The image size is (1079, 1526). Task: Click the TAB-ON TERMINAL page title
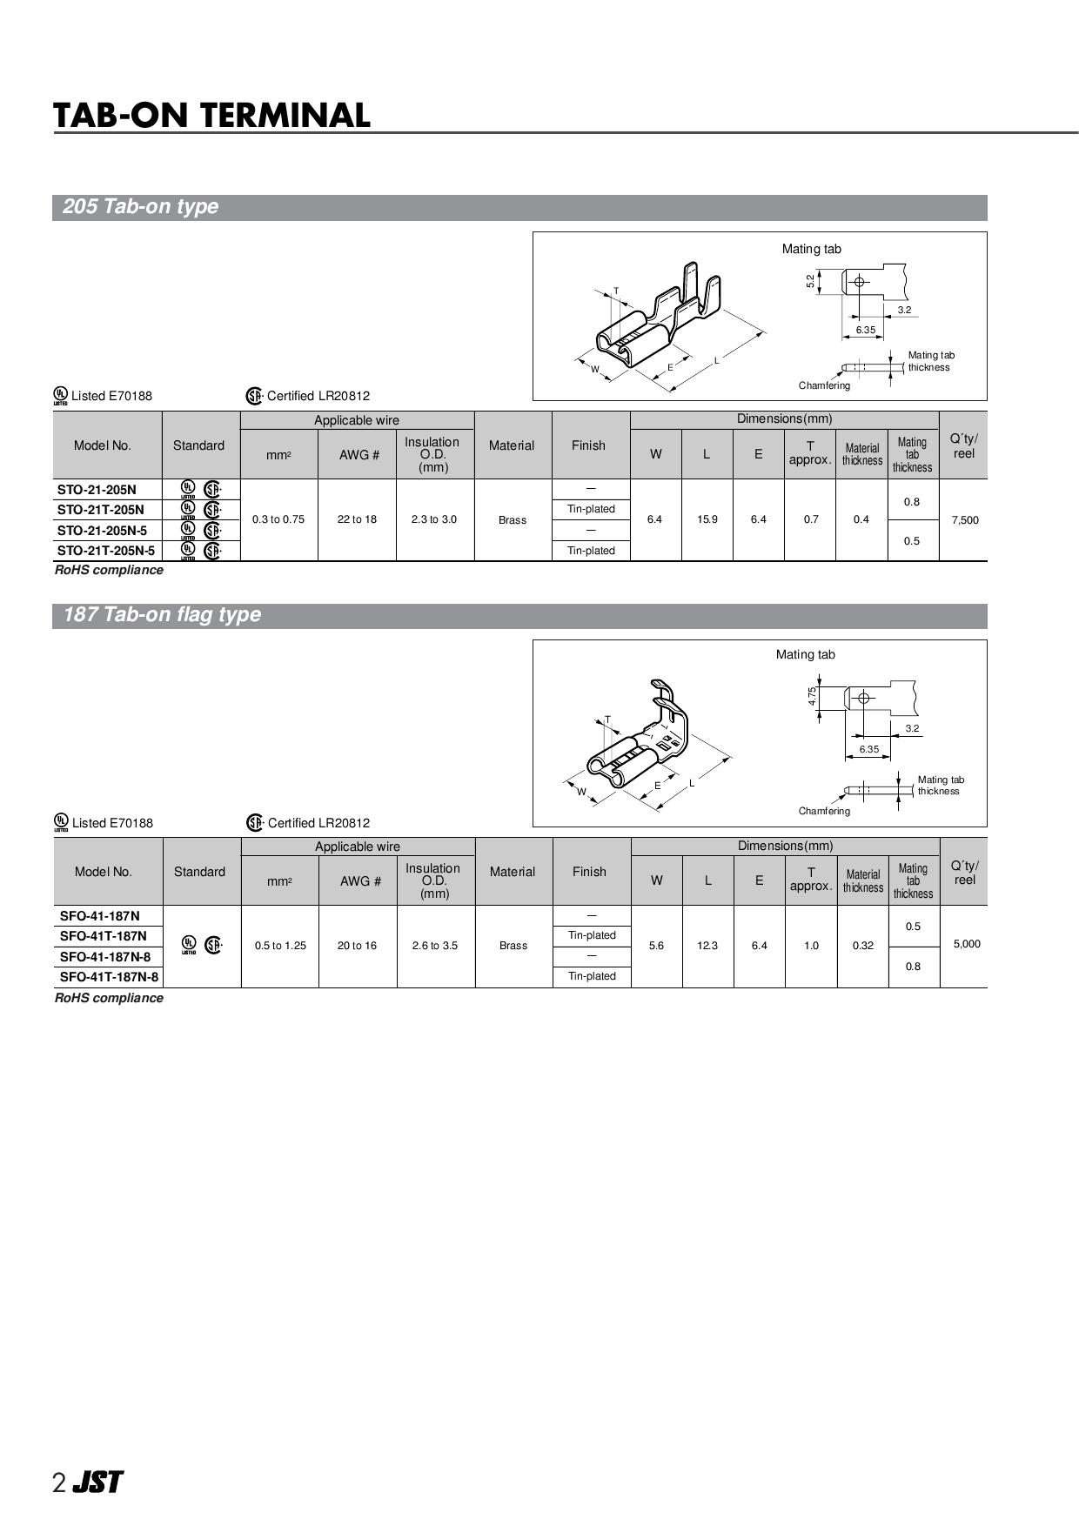tap(211, 116)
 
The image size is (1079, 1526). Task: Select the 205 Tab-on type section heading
tap(140, 207)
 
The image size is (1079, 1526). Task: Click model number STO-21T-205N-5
tap(106, 551)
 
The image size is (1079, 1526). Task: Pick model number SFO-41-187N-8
tap(104, 956)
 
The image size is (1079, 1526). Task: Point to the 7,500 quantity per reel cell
tap(964, 520)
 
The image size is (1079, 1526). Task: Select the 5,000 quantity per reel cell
tap(966, 944)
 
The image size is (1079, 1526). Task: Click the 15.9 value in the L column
tap(707, 520)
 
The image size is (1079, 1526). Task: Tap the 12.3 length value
tap(707, 946)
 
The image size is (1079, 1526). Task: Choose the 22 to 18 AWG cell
tap(357, 520)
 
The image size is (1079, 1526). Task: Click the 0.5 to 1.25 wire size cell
tap(280, 946)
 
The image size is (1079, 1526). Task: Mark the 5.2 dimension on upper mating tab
tap(810, 281)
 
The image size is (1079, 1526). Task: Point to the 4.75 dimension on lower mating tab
tap(811, 697)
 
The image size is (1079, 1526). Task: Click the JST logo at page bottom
tap(97, 1482)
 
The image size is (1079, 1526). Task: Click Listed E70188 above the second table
tap(111, 823)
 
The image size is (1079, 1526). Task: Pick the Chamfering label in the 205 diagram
tap(824, 385)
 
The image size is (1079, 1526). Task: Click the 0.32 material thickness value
tap(862, 946)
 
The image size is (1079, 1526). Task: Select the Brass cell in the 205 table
tap(513, 520)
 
